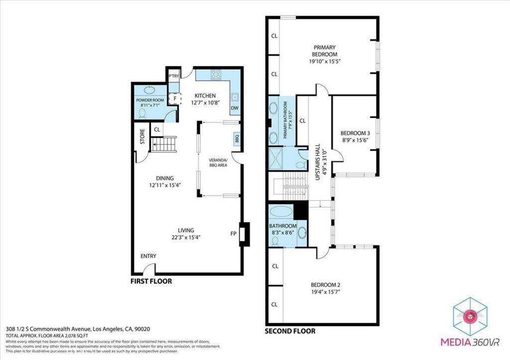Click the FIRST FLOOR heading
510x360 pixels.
[x=151, y=281]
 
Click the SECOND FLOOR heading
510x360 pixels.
[x=289, y=331]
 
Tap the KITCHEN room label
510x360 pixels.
[x=205, y=96]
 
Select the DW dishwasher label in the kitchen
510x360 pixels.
[x=234, y=108]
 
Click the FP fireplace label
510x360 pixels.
[x=233, y=233]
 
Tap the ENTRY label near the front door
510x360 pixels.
[x=148, y=256]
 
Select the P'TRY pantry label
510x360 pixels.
[x=173, y=76]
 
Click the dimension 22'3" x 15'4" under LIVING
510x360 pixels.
[x=187, y=237]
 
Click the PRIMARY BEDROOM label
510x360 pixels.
[x=324, y=51]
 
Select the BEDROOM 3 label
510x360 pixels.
[x=355, y=133]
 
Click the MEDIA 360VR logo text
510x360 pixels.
[x=470, y=342]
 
